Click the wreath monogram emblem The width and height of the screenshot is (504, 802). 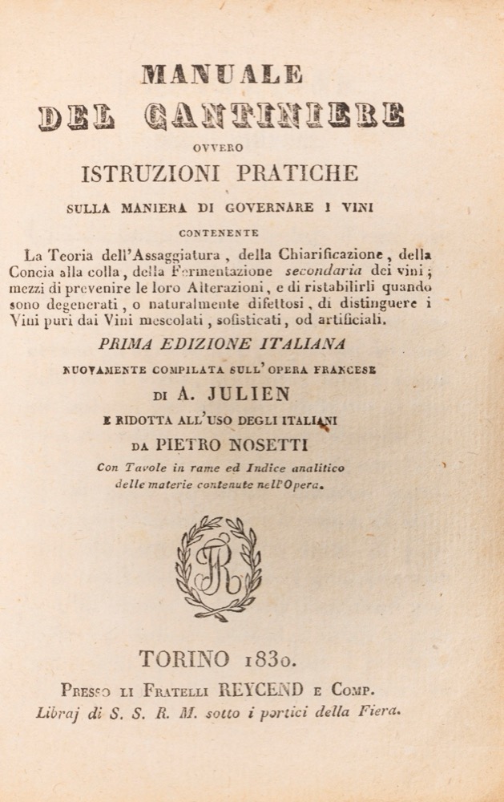click(219, 568)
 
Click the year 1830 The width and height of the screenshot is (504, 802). click(269, 659)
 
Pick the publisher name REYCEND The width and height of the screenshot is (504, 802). click(276, 691)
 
